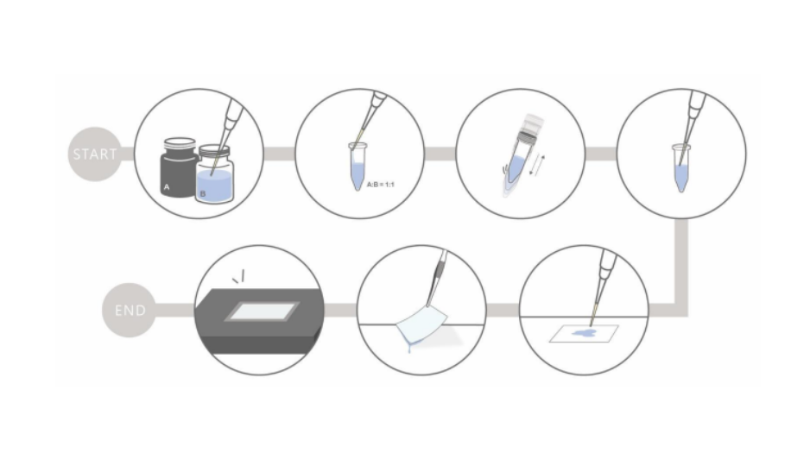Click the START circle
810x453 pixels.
95,154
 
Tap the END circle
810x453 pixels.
130,310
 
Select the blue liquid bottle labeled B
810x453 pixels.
214,175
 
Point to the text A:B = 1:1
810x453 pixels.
381,184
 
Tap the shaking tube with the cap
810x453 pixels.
519,154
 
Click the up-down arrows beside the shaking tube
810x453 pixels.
537,165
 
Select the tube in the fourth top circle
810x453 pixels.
681,168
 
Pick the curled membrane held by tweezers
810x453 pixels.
421,325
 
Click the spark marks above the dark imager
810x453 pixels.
238,277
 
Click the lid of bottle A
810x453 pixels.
180,143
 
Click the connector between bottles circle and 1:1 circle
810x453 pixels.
279,154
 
